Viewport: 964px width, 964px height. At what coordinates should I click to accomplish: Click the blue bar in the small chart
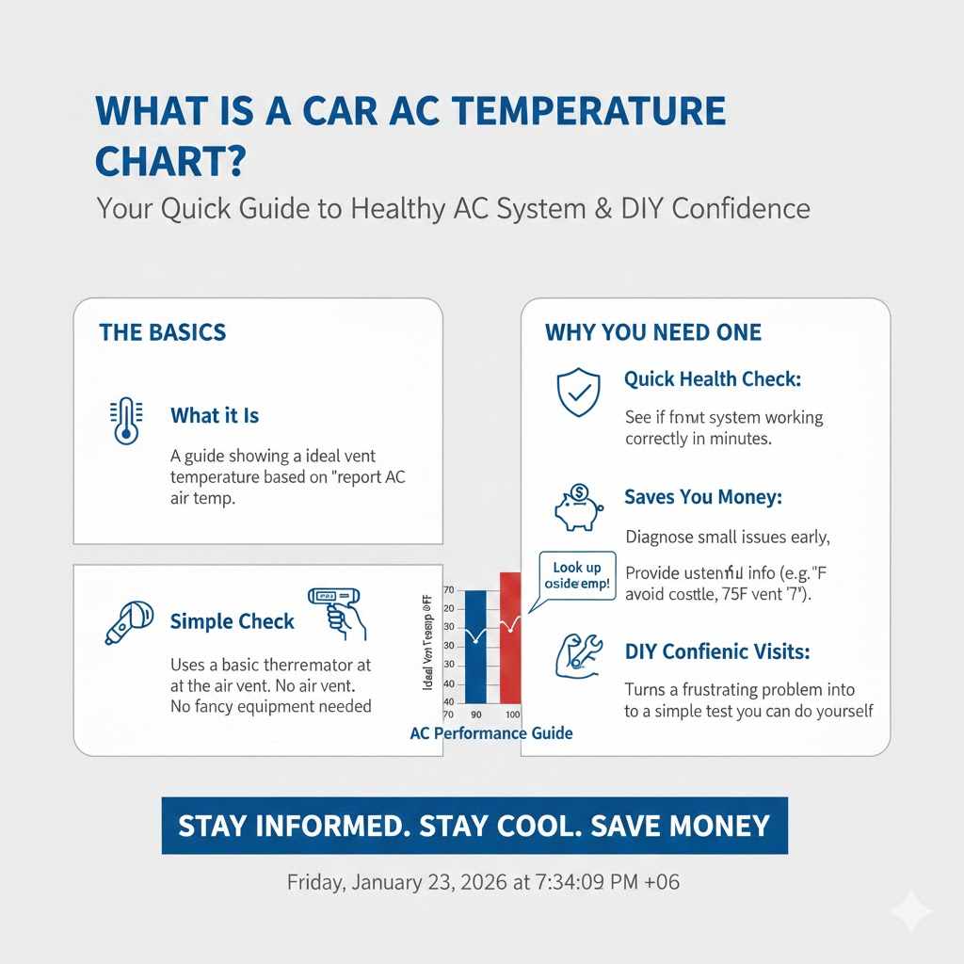coord(476,646)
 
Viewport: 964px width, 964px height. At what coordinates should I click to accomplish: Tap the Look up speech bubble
coord(576,575)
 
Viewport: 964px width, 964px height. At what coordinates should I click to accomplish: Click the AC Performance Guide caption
coord(491,733)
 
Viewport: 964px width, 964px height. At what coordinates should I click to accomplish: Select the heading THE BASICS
coord(162,332)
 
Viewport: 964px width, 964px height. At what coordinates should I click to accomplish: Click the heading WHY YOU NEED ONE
coord(652,332)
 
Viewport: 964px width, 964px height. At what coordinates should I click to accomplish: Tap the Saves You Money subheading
coord(702,497)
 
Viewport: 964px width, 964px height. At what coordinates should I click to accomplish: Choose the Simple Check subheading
coord(232,621)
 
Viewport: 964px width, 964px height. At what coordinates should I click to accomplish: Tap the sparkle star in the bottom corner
coord(910,911)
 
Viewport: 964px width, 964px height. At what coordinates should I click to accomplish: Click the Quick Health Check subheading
coord(712,379)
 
